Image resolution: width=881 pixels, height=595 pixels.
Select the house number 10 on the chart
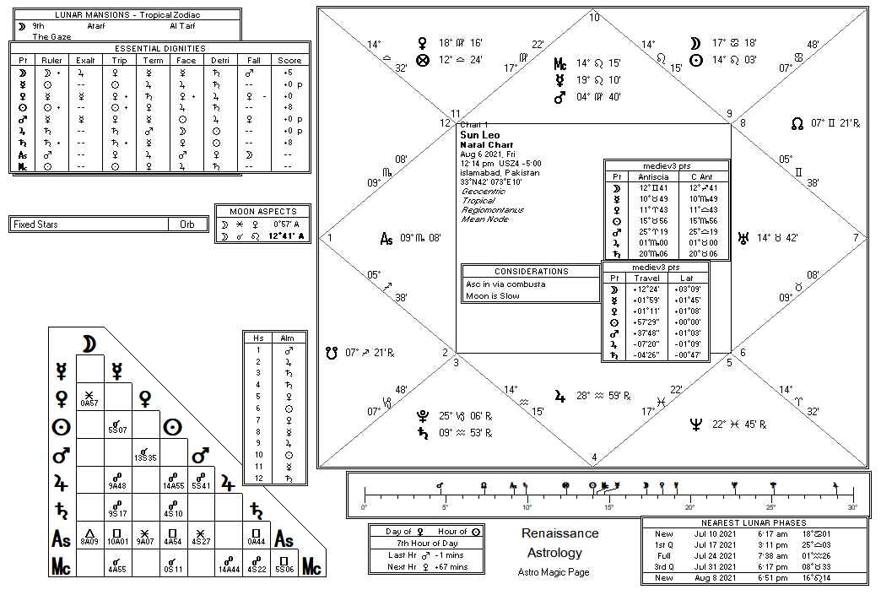coord(594,18)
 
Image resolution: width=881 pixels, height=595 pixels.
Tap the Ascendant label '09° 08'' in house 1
coord(420,239)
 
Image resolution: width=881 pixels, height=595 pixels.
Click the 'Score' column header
coord(289,60)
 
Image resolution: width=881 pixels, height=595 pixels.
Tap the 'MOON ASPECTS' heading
coord(263,211)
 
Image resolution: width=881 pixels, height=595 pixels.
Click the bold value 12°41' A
coord(287,237)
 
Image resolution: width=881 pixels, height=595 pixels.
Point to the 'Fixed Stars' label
coord(36,224)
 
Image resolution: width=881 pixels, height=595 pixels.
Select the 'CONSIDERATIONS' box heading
coord(531,272)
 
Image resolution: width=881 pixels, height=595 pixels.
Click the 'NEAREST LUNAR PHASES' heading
coord(754,523)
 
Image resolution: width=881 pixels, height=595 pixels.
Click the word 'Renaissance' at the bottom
coord(559,533)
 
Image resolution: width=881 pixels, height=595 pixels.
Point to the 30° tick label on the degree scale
coord(852,507)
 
